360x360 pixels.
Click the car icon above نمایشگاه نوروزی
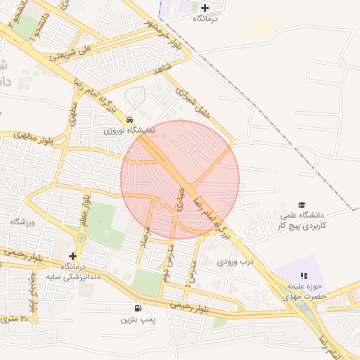point(130,120)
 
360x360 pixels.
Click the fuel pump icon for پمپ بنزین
point(136,308)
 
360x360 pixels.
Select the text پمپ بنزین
point(136,320)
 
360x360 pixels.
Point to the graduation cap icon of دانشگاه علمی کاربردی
point(302,205)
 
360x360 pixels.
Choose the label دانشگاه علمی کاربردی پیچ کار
point(302,221)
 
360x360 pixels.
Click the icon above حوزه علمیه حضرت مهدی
point(304,276)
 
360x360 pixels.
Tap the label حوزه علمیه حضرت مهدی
point(307,292)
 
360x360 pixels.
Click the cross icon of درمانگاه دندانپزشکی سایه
point(72,255)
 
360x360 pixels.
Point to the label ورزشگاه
point(22,222)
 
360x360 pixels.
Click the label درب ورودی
point(234,262)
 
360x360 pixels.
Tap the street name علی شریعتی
point(76,46)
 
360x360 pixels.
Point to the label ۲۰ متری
point(15,319)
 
